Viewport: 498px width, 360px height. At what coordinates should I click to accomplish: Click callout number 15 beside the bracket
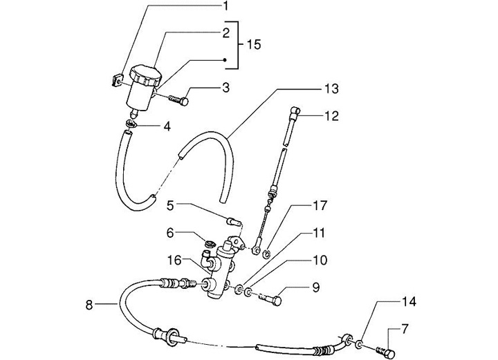254,45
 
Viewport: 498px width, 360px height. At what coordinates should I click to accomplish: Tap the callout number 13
332,88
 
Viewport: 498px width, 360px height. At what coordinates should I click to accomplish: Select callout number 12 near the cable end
332,116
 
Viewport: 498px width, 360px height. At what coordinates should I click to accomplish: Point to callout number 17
320,206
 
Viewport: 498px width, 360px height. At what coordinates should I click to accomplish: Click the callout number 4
166,126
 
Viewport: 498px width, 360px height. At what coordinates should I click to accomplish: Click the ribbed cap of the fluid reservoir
143,75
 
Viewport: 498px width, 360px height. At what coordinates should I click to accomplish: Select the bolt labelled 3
178,100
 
